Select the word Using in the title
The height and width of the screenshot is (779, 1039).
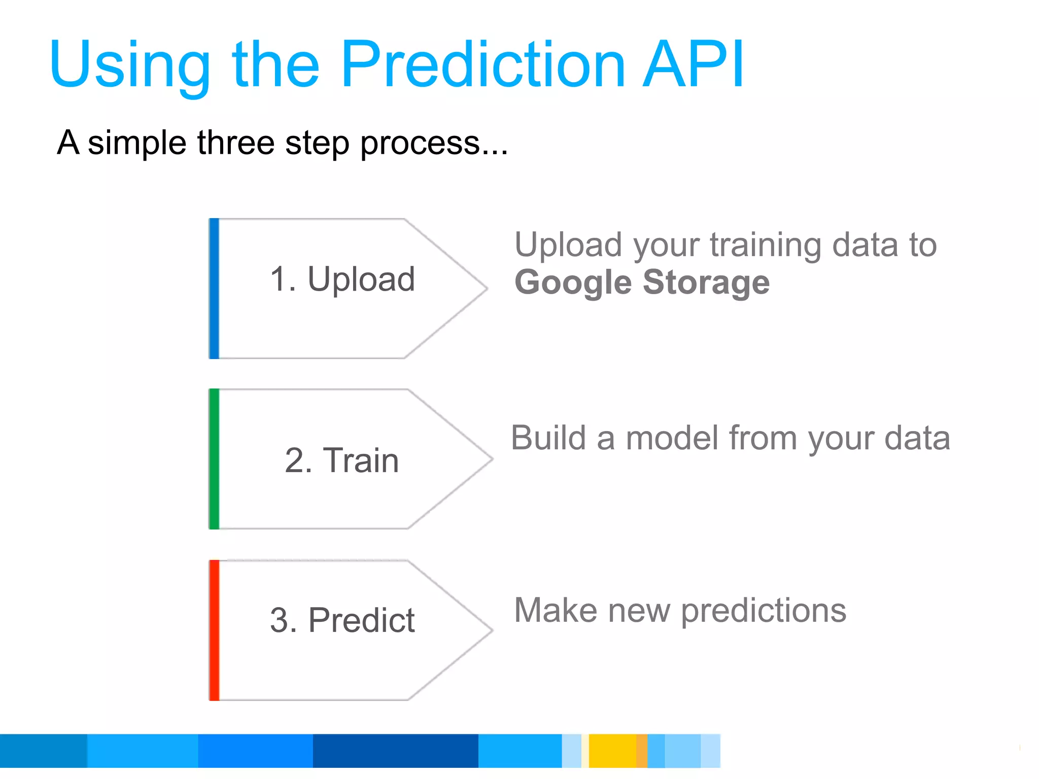pyautogui.click(x=129, y=66)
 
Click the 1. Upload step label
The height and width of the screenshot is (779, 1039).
pyautogui.click(x=342, y=279)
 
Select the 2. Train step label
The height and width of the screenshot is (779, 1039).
pyautogui.click(x=342, y=461)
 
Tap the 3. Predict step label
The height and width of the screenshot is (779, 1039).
pyautogui.click(x=342, y=620)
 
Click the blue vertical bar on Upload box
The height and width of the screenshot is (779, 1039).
pyautogui.click(x=214, y=289)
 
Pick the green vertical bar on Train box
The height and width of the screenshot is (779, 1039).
pyautogui.click(x=214, y=459)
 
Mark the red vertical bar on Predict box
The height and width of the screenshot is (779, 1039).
pyautogui.click(x=214, y=630)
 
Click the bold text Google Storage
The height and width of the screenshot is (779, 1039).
pyautogui.click(x=642, y=282)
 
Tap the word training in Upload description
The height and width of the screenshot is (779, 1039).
pyautogui.click(x=765, y=245)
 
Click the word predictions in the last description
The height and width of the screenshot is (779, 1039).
pyautogui.click(x=764, y=611)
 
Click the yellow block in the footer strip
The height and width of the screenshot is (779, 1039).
pyautogui.click(x=612, y=751)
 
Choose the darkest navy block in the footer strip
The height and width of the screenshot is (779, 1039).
pyautogui.click(x=395, y=751)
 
